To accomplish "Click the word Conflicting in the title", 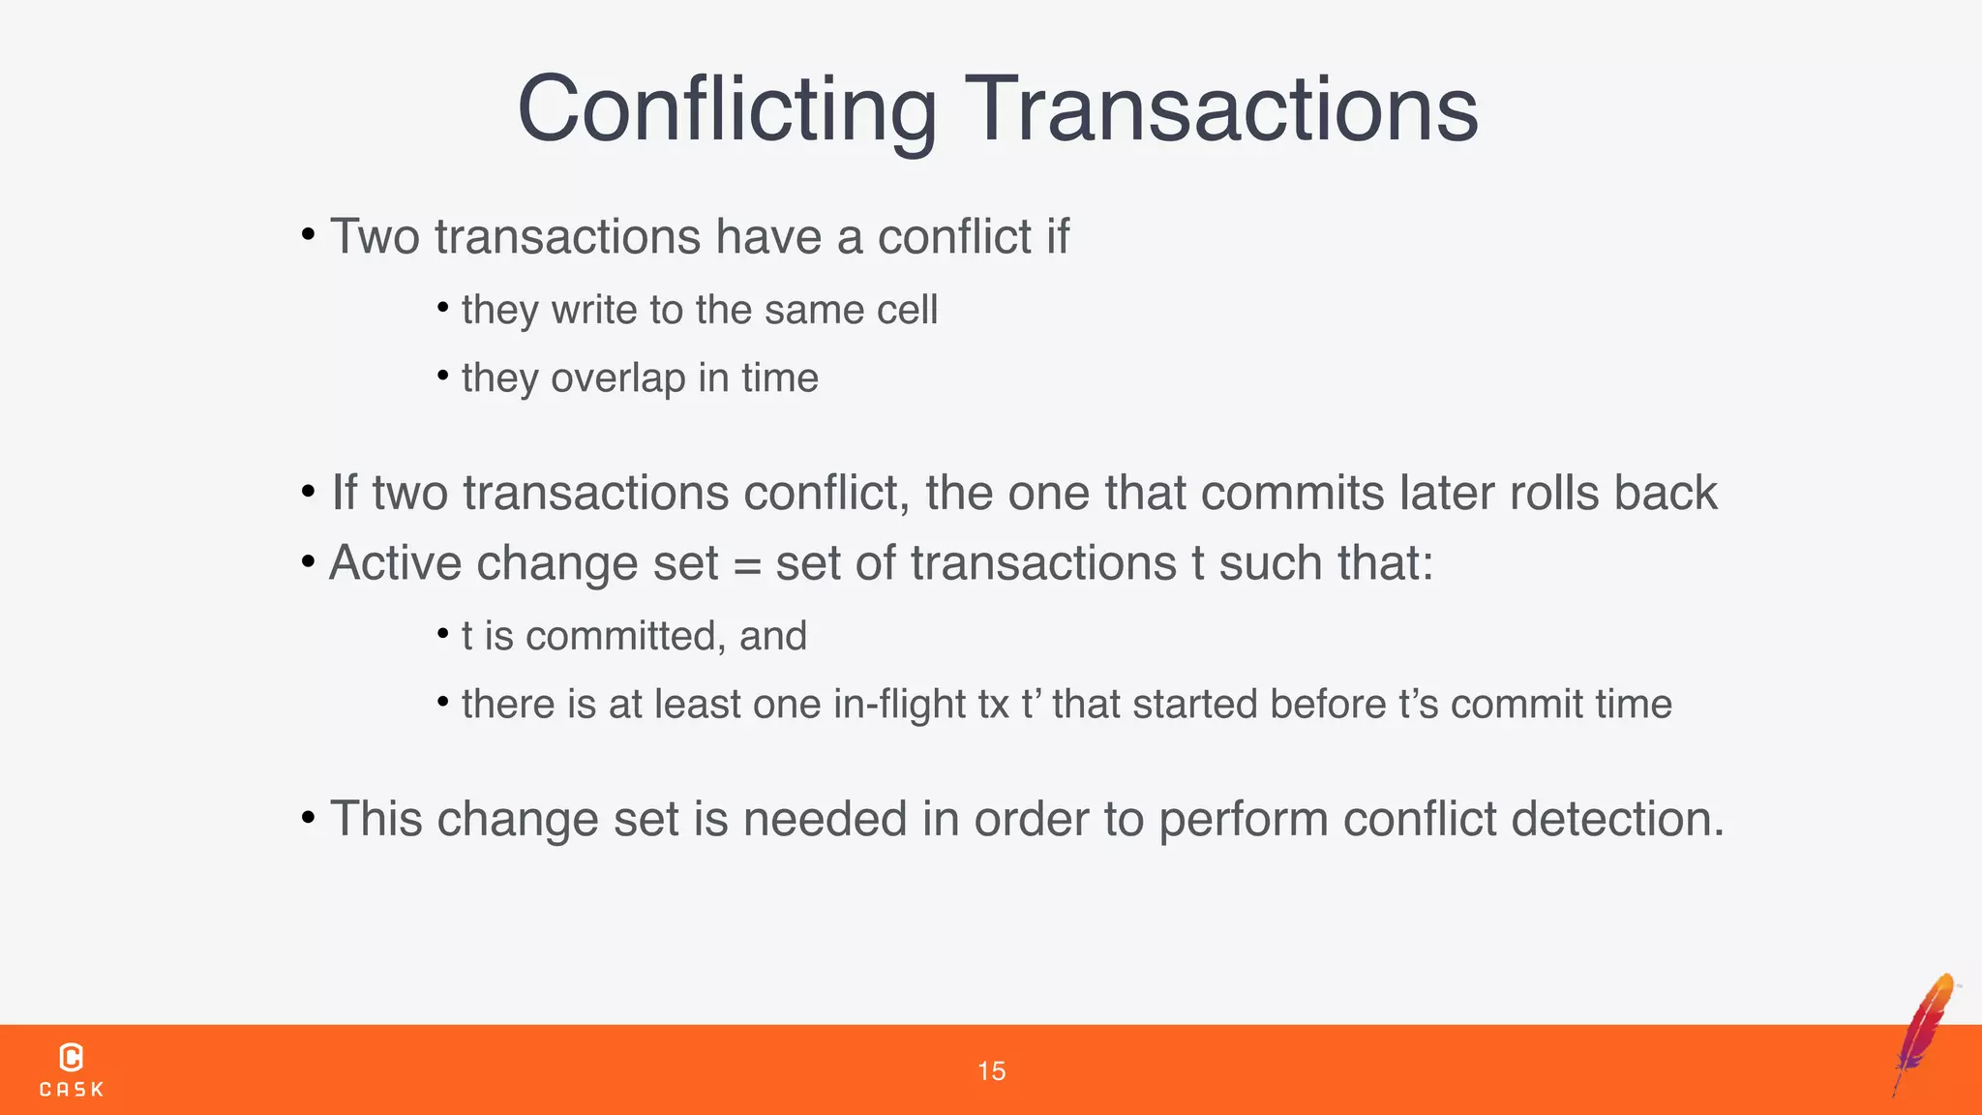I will coord(727,109).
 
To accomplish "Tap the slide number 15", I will coord(991,1071).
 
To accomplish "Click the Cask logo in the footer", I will coord(72,1070).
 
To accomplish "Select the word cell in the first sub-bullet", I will coord(907,311).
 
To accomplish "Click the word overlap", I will coord(617,378).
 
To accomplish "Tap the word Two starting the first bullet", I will coord(375,237).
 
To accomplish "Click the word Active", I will coord(395,563).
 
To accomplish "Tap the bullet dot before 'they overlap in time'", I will coord(442,376).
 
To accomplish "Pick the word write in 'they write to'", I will coord(595,311).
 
